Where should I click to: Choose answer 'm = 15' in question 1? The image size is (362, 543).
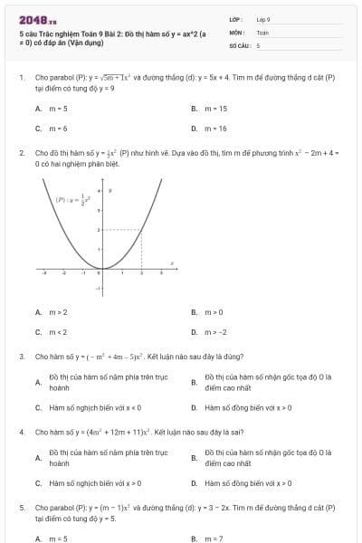(216, 108)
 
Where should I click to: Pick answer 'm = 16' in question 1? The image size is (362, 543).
(216, 129)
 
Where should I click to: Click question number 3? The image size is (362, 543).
(21, 357)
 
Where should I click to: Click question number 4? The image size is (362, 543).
(21, 433)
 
